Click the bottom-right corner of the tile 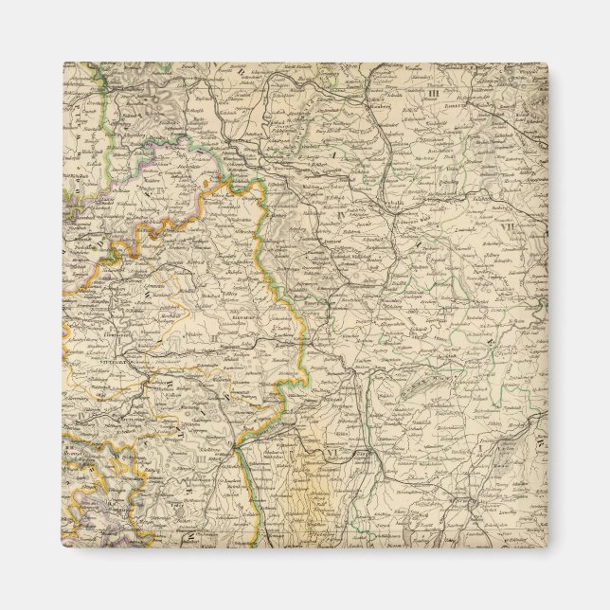point(547,548)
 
